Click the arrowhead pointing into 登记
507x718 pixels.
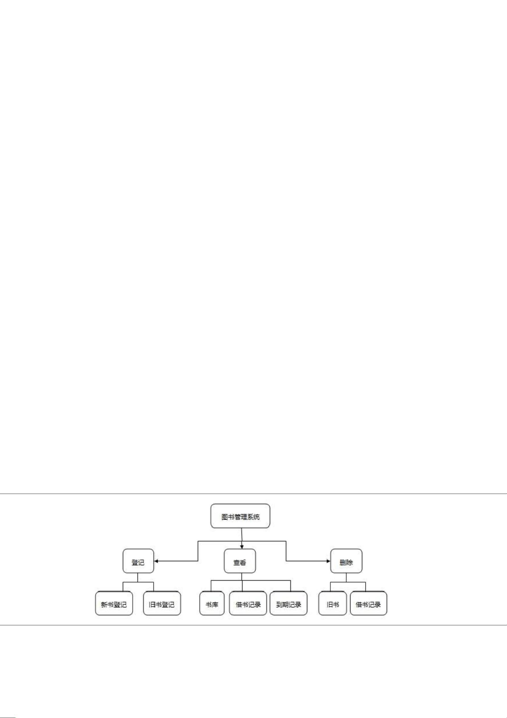point(156,561)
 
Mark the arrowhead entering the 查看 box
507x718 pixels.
point(242,547)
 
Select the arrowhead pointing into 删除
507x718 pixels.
point(328,561)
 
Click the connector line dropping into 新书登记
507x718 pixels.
point(123,587)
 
